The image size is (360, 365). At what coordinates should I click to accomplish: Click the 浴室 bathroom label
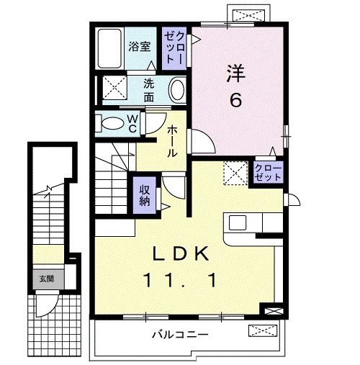tap(139, 46)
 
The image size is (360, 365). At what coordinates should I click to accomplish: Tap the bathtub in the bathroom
tap(109, 48)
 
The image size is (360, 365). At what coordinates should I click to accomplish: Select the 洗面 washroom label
tap(149, 89)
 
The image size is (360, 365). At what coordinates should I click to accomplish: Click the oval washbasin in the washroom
tap(177, 90)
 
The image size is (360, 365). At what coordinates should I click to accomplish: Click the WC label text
tap(133, 122)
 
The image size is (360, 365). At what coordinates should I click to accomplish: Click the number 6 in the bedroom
tap(235, 101)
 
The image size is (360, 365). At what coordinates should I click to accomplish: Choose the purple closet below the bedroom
tap(268, 173)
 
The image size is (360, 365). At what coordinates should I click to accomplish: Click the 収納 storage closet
tap(144, 192)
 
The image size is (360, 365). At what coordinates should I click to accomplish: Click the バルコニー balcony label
tap(180, 335)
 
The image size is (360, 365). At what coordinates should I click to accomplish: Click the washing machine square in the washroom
tap(112, 89)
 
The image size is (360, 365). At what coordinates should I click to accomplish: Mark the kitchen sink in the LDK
tap(238, 223)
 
